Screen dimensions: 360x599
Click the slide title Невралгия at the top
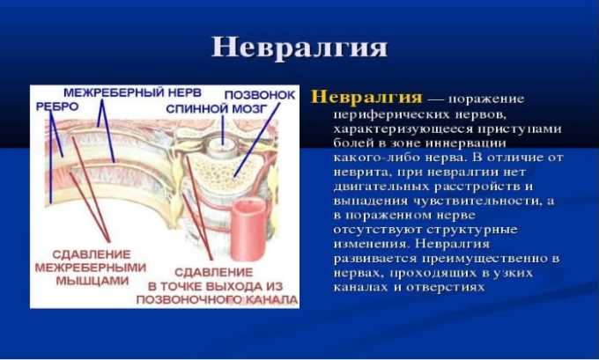(x=299, y=47)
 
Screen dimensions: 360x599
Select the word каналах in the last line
(x=360, y=285)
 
